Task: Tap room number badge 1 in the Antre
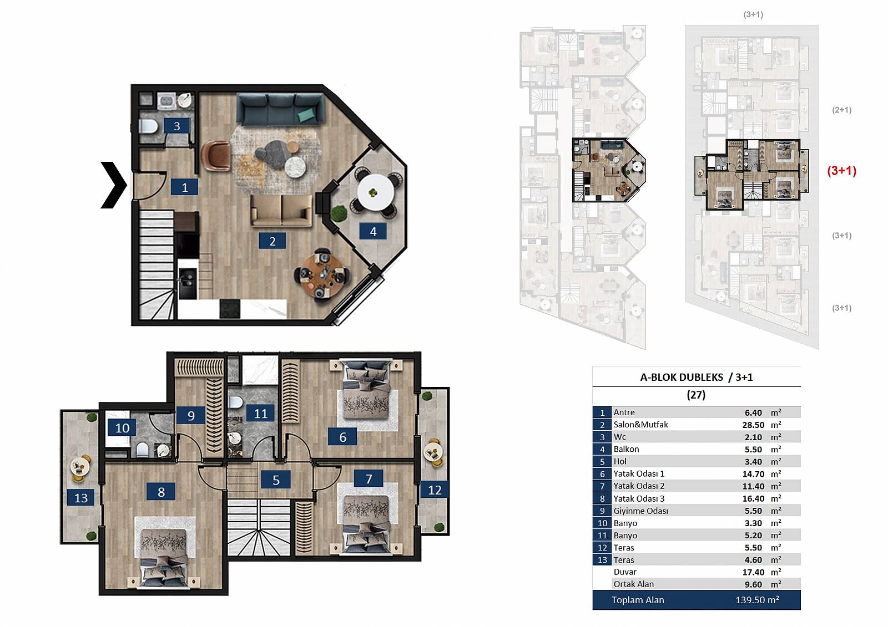[184, 187]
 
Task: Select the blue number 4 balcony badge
[373, 231]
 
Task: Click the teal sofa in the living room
[280, 109]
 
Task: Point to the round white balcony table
[375, 193]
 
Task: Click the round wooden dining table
[322, 276]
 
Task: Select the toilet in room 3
[148, 127]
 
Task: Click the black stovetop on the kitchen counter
[230, 309]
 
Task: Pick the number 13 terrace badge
[81, 497]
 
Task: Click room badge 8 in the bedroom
[161, 492]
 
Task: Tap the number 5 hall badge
[276, 480]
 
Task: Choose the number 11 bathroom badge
[260, 414]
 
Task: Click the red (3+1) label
[841, 171]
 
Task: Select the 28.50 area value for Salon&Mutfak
[753, 425]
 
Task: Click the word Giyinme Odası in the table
[640, 511]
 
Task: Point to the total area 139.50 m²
[757, 600]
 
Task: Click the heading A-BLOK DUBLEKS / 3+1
[696, 377]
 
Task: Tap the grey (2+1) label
[841, 110]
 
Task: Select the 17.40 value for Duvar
[753, 572]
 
